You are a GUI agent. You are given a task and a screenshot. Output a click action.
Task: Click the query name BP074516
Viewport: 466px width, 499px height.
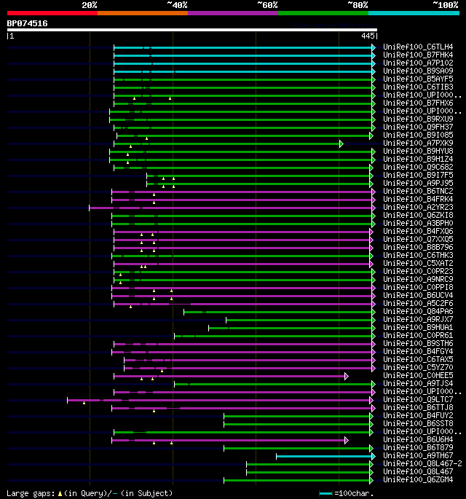[28, 23]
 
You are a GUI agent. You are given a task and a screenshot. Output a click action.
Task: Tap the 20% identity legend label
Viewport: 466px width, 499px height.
[90, 5]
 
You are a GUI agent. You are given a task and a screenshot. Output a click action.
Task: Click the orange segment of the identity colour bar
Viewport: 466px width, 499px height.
[142, 12]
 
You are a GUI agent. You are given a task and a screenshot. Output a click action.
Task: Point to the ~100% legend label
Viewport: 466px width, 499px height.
[445, 5]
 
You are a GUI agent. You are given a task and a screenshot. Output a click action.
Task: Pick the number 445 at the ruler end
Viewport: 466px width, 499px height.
[368, 35]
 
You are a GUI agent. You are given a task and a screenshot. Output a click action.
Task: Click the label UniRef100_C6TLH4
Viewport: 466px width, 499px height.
[418, 47]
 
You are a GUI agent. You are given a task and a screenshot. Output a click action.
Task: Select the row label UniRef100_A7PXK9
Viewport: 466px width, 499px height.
[418, 144]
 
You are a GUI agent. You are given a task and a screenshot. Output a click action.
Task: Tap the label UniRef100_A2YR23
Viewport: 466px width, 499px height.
[418, 208]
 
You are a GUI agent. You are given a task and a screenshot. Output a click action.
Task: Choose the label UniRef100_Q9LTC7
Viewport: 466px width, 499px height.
[418, 400]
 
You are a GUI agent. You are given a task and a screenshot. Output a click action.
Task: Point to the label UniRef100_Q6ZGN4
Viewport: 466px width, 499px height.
[418, 480]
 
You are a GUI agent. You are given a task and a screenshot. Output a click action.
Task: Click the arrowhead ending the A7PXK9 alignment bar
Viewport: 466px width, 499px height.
[341, 144]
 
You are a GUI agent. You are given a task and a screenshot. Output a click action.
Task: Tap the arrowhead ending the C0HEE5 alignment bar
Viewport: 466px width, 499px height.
[347, 376]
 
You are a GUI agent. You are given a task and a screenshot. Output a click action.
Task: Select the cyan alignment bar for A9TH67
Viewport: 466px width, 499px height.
[324, 456]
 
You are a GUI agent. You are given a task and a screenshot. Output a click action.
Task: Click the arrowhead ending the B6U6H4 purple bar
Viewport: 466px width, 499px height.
[347, 440]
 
